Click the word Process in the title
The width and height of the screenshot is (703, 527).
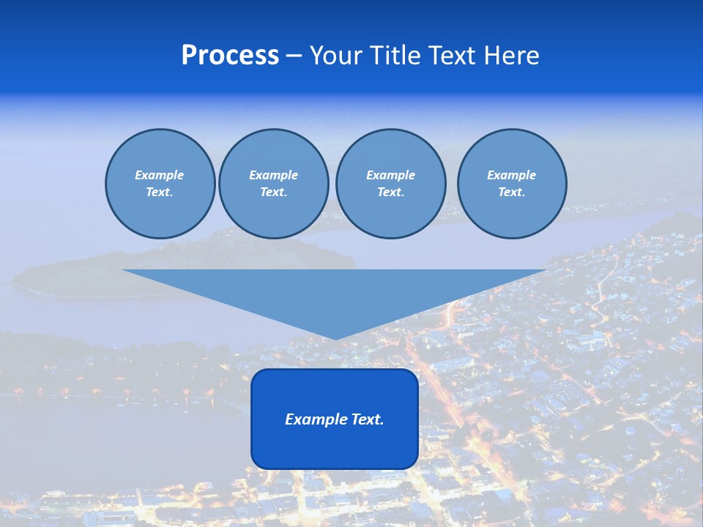click(x=230, y=56)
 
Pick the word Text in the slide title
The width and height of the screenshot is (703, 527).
click(x=453, y=56)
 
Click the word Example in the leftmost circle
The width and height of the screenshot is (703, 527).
click(x=159, y=175)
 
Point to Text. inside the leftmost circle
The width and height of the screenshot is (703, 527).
click(x=159, y=193)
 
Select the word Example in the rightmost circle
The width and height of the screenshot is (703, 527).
click(x=511, y=175)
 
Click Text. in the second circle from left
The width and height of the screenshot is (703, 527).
click(x=273, y=193)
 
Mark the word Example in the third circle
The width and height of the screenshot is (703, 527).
click(x=390, y=175)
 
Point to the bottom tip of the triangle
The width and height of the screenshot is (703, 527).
click(x=335, y=338)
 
